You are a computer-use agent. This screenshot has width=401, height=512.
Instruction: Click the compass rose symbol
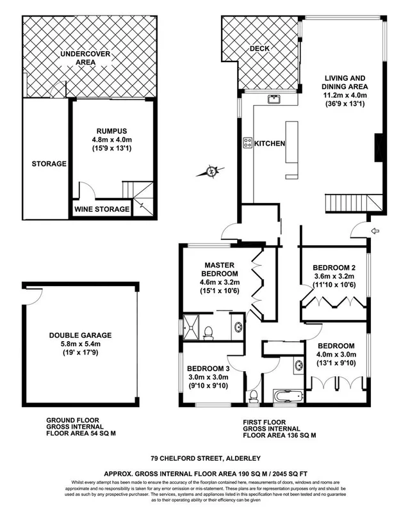click(x=212, y=171)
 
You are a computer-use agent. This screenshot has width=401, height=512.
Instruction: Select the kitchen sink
click(x=274, y=99)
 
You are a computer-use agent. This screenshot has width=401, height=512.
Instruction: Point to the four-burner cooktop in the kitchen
click(x=247, y=143)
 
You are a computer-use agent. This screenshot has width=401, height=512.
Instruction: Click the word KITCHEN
click(x=270, y=144)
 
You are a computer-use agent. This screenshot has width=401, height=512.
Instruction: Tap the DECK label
click(x=259, y=49)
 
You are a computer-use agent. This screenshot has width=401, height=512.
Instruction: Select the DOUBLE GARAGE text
click(x=80, y=335)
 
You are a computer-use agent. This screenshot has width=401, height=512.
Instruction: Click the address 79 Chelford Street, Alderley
click(x=201, y=458)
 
